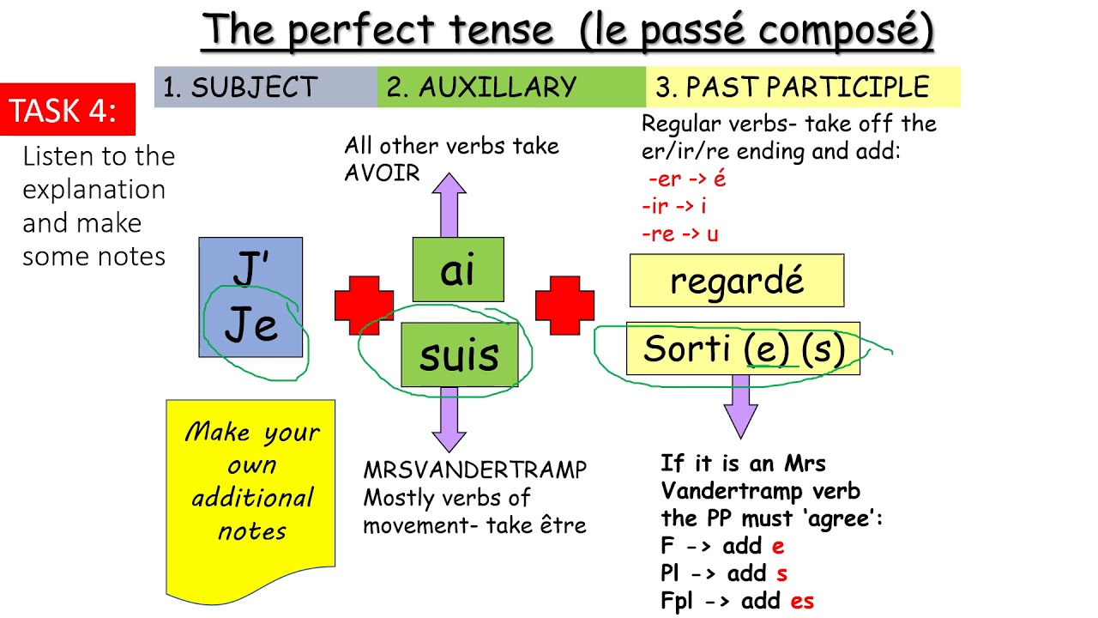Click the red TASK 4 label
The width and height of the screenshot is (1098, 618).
click(68, 110)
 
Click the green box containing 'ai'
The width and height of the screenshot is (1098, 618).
click(457, 270)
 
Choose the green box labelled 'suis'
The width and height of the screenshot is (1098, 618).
click(459, 355)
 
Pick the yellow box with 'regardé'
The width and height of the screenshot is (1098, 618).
click(736, 281)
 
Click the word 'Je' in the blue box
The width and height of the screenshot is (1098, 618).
click(250, 326)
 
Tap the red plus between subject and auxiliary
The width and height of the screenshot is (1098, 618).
click(364, 306)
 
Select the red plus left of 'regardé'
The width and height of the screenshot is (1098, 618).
click(564, 306)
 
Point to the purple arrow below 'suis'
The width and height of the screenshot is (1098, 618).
click(448, 419)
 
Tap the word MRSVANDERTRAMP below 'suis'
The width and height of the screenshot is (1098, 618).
click(475, 470)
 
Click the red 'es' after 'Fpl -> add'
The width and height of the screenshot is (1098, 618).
click(802, 601)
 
